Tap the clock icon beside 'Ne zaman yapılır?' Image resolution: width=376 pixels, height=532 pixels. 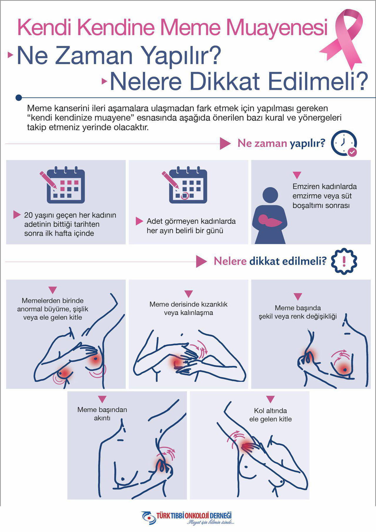[344, 143]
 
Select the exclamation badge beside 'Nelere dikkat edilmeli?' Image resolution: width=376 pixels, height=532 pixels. [344, 261]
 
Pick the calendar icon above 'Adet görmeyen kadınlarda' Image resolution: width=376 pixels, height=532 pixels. [185, 185]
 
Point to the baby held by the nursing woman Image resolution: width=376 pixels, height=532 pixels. [270, 220]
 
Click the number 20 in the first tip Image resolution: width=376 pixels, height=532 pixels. [28, 215]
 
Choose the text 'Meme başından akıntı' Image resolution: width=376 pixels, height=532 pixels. [102, 414]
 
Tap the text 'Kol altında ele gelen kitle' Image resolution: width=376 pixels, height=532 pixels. [271, 415]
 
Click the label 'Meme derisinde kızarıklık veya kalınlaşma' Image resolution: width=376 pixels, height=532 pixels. [189, 308]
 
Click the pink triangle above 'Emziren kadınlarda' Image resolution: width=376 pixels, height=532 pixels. [297, 175]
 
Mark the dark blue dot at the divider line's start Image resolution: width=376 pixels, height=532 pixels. [19, 98]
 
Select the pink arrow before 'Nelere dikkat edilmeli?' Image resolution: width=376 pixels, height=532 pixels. [201, 261]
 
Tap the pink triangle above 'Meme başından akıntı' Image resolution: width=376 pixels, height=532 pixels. [102, 399]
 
